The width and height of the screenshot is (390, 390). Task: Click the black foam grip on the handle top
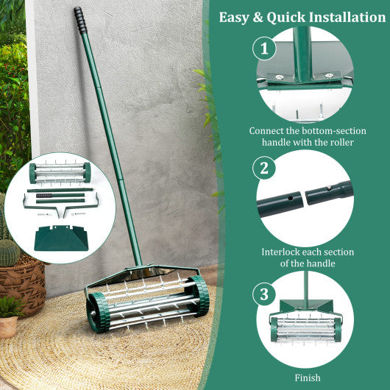point(79,20)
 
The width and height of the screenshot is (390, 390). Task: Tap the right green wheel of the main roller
point(199,296)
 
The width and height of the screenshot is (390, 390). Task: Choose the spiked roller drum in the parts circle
point(60,173)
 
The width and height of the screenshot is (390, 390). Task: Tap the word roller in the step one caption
point(341,143)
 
